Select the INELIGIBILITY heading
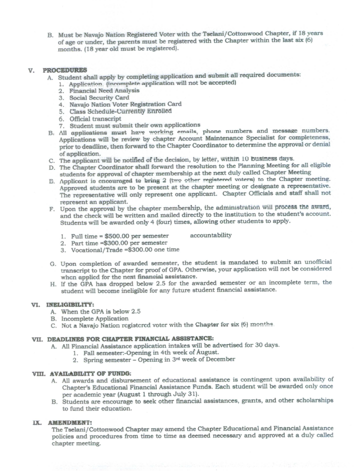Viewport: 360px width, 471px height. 67,303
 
